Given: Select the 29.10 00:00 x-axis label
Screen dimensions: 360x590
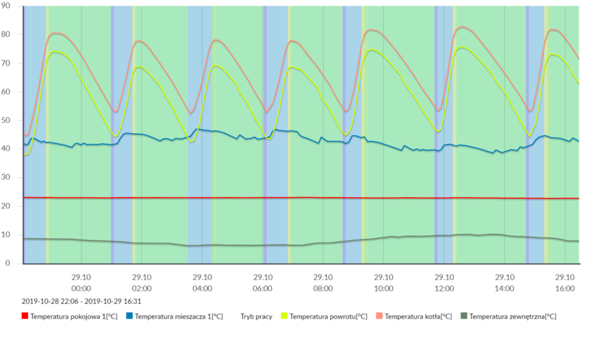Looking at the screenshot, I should pos(81,283).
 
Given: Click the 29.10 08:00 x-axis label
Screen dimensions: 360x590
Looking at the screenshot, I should pos(323,283).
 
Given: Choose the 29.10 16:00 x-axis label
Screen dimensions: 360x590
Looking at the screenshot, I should pos(565,283).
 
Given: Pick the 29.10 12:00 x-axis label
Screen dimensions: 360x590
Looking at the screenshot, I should pos(444,283).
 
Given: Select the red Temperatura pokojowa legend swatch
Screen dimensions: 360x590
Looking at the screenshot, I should pos(25,316).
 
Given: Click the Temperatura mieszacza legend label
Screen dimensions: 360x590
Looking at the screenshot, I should pos(179,316).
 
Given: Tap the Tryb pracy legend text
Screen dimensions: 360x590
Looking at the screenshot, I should pos(256,316).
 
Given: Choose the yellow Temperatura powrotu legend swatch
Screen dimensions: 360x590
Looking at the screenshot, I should pos(284,316).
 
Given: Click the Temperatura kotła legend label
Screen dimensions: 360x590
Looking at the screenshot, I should pos(418,316).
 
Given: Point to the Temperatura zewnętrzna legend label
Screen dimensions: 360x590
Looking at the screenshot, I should pos(513,316).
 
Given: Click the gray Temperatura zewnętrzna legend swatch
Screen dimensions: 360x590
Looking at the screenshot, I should pos(464,316).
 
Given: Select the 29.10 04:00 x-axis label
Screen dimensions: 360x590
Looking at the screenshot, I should pos(202,283).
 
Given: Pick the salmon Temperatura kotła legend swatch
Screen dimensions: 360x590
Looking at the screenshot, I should pos(379,316).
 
